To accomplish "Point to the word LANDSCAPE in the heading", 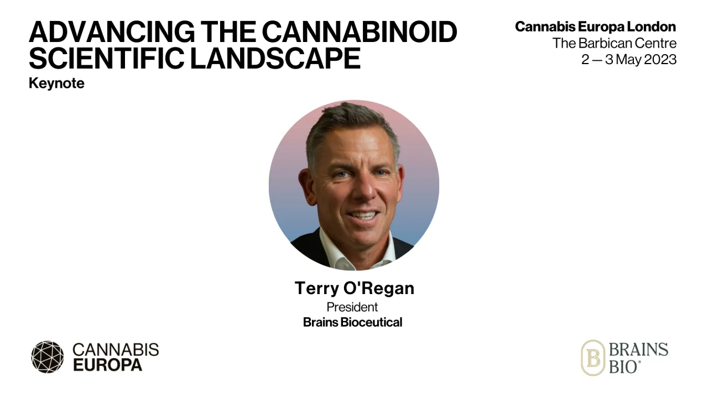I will coord(275,57).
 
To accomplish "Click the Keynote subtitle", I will coord(56,83).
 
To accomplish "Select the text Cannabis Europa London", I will coord(595,27).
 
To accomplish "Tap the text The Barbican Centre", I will coord(614,43).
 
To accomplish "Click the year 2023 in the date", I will coord(660,60).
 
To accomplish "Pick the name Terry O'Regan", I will coord(354,288).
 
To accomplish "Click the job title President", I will coord(352,307).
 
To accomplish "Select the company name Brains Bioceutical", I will coord(352,322).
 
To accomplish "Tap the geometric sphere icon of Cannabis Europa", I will coord(48,357).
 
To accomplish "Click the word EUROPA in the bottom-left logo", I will coord(107,365).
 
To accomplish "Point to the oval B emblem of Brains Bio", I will coord(592,358).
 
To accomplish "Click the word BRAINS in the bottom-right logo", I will coord(638,349).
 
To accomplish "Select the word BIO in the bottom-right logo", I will coord(624,366).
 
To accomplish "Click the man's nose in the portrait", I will coord(362,191).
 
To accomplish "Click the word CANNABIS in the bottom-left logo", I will coord(116,349).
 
